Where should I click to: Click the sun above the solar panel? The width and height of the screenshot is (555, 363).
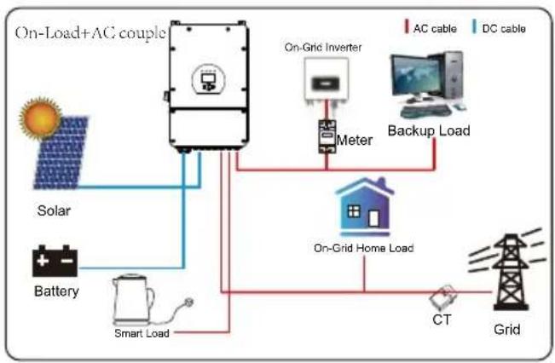coord(40,118)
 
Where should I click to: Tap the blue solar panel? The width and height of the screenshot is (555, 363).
coord(61,153)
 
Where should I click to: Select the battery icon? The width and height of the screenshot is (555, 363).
coord(55,261)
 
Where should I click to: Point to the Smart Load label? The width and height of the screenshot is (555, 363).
coord(142,333)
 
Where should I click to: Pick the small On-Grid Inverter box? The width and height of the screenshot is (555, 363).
coord(327,81)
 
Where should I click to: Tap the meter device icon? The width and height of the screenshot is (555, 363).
coord(327,136)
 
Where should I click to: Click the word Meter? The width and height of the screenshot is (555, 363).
coord(355,140)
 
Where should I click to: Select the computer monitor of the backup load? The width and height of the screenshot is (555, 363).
coord(416,77)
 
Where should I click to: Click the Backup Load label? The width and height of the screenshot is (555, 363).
coord(429,130)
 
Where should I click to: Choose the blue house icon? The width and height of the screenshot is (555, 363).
coord(365,206)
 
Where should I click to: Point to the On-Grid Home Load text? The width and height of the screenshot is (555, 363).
coord(364,248)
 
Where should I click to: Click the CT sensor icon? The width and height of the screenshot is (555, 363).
coord(442,297)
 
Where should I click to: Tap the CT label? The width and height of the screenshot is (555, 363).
coord(442,320)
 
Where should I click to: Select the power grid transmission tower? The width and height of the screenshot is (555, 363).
coord(511,272)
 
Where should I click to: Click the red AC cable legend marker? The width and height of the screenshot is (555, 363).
coord(407,26)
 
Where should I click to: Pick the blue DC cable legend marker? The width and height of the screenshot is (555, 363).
coord(474,26)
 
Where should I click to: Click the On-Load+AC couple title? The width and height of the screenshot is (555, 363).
coord(90,33)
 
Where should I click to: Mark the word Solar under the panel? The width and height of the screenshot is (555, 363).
coord(54,210)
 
